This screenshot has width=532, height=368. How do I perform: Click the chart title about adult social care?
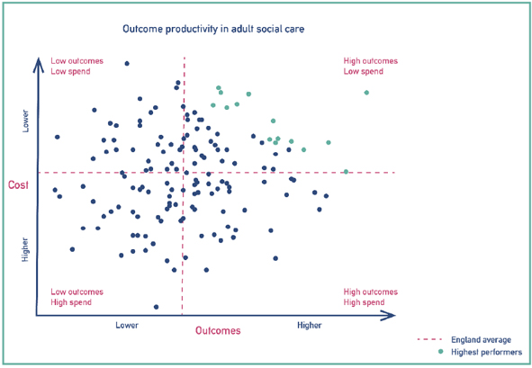coord(213,29)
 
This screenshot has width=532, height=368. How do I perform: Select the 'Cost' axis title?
coord(18,184)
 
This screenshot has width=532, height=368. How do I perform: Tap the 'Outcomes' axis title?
coord(218,330)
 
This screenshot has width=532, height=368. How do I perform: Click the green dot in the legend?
coord(441,352)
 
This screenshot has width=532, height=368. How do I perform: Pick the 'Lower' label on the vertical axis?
coord(25,121)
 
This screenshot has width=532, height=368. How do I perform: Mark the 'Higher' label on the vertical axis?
coord(25,249)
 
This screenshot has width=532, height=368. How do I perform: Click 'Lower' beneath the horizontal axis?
coord(127,326)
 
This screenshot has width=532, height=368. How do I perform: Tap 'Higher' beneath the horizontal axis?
coord(309,326)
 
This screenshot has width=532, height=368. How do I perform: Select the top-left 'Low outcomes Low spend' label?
coord(77,67)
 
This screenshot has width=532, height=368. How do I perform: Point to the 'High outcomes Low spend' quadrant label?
coord(371,67)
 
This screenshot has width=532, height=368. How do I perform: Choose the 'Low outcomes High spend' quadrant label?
coord(77,297)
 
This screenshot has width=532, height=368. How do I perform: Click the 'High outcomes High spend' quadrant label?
coord(371,297)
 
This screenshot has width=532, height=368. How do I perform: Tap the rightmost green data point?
coord(366,93)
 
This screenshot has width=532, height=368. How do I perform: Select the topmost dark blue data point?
coord(127,63)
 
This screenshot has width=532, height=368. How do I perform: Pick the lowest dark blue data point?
coord(156,307)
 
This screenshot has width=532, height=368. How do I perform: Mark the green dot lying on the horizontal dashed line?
coord(346,172)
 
